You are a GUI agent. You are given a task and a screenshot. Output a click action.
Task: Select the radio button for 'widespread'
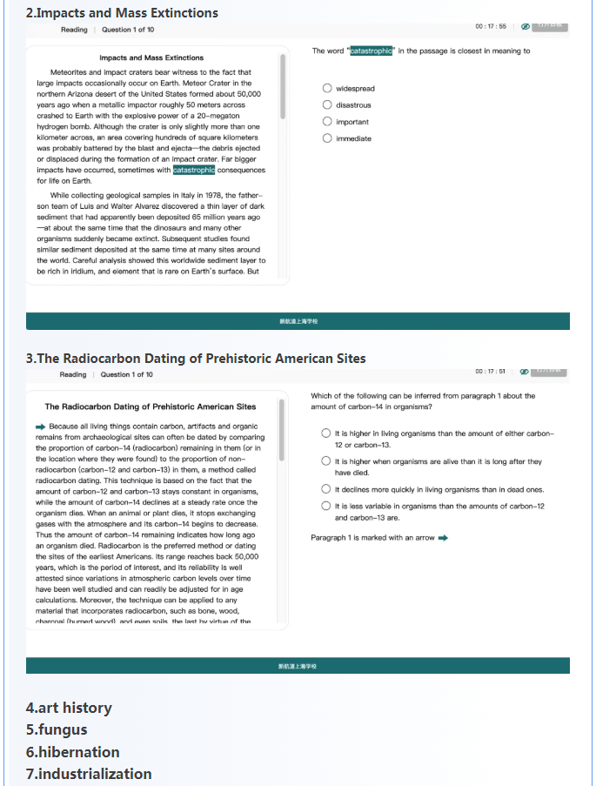(x=326, y=88)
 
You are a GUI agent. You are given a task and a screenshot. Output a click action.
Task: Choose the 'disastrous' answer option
(x=326, y=104)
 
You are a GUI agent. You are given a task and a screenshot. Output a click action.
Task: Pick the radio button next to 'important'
(x=326, y=122)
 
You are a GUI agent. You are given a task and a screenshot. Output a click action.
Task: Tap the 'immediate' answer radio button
(x=326, y=138)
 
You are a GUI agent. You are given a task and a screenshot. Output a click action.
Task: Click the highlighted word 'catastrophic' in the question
(x=372, y=51)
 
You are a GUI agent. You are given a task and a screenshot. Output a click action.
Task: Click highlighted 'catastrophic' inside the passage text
(x=194, y=170)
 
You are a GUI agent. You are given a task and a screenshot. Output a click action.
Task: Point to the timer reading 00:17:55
(x=491, y=26)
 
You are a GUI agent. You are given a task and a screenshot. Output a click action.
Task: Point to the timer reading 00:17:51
(x=491, y=372)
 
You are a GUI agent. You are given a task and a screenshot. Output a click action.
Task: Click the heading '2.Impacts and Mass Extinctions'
(x=122, y=12)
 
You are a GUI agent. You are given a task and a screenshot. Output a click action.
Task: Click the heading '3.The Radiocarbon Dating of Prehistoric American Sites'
(x=196, y=358)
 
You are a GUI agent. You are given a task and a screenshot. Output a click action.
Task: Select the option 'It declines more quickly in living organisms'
(x=325, y=489)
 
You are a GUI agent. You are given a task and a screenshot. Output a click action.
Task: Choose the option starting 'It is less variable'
(x=325, y=506)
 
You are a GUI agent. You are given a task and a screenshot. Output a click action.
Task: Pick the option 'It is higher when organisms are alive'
(x=325, y=461)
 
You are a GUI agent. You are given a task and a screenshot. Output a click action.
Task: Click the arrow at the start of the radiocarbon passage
(x=40, y=427)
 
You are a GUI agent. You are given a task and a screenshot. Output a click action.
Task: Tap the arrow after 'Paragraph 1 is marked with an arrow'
(x=443, y=538)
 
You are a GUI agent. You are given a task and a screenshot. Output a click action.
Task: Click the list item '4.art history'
(x=69, y=708)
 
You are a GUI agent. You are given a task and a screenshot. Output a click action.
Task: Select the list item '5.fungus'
(x=57, y=729)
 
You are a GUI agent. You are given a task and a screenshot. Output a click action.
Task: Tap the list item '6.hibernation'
(x=73, y=751)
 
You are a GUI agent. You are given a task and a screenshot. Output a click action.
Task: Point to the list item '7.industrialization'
(x=89, y=773)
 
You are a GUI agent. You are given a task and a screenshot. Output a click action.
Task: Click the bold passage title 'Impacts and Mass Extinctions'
(x=151, y=57)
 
